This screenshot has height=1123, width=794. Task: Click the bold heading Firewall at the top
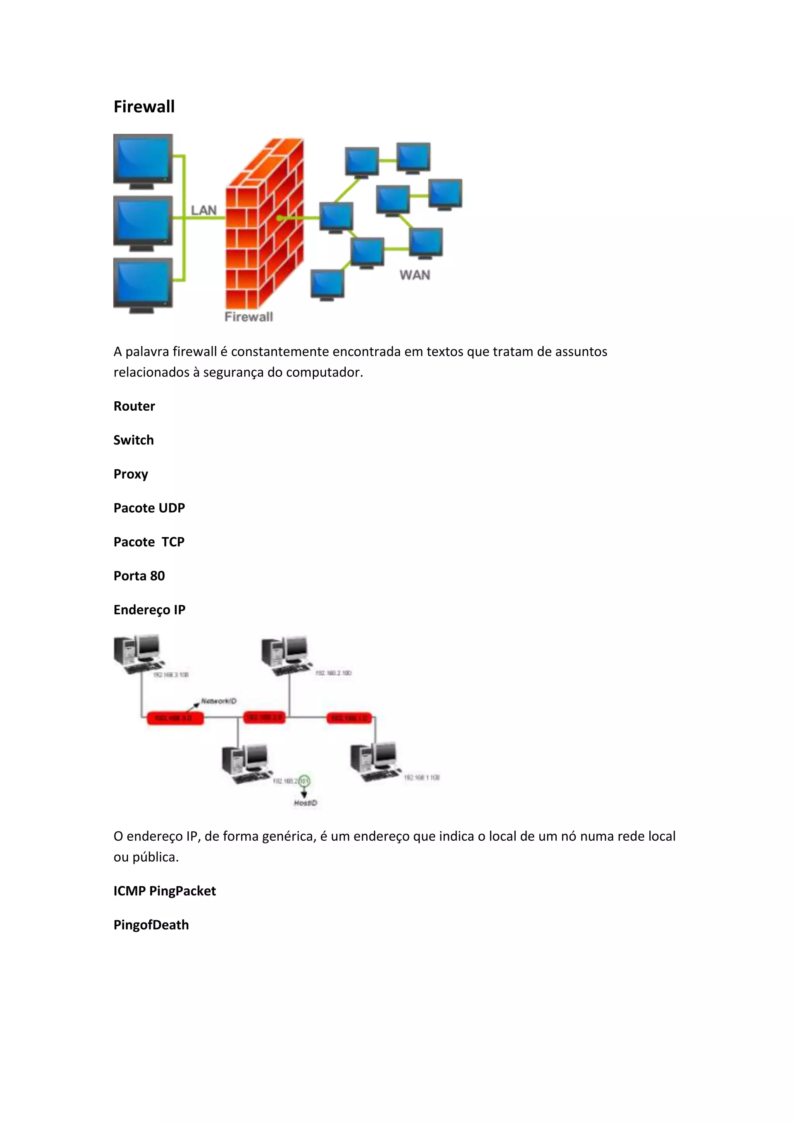[144, 107]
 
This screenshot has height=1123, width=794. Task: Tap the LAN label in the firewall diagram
[204, 210]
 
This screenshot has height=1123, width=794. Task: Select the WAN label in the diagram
[414, 275]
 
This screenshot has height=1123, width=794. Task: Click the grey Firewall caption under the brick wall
[249, 317]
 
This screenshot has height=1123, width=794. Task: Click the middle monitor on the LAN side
[143, 221]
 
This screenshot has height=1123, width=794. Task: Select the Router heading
[134, 406]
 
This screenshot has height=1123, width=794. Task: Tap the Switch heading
[133, 440]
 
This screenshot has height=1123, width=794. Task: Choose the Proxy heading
[131, 474]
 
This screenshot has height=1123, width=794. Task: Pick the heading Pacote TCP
[148, 542]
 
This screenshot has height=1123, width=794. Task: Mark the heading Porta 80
[139, 576]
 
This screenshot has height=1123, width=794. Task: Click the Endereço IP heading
[149, 610]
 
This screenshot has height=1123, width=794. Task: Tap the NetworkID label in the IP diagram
[219, 701]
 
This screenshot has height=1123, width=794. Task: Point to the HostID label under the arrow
[306, 803]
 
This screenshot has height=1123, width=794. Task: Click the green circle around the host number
[304, 781]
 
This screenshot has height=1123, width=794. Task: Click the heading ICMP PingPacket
[164, 891]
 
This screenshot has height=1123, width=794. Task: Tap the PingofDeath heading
[151, 925]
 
